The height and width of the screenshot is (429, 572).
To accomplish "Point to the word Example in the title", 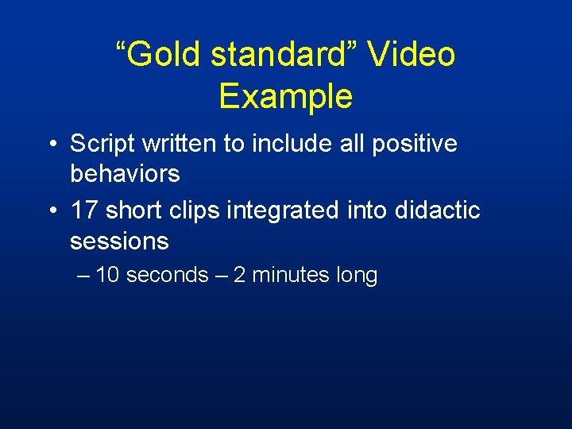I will click(285, 96).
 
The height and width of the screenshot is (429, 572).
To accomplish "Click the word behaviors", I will click(125, 173).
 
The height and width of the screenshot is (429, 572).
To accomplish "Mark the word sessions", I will click(119, 240).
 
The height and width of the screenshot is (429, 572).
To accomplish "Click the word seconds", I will click(167, 276).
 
